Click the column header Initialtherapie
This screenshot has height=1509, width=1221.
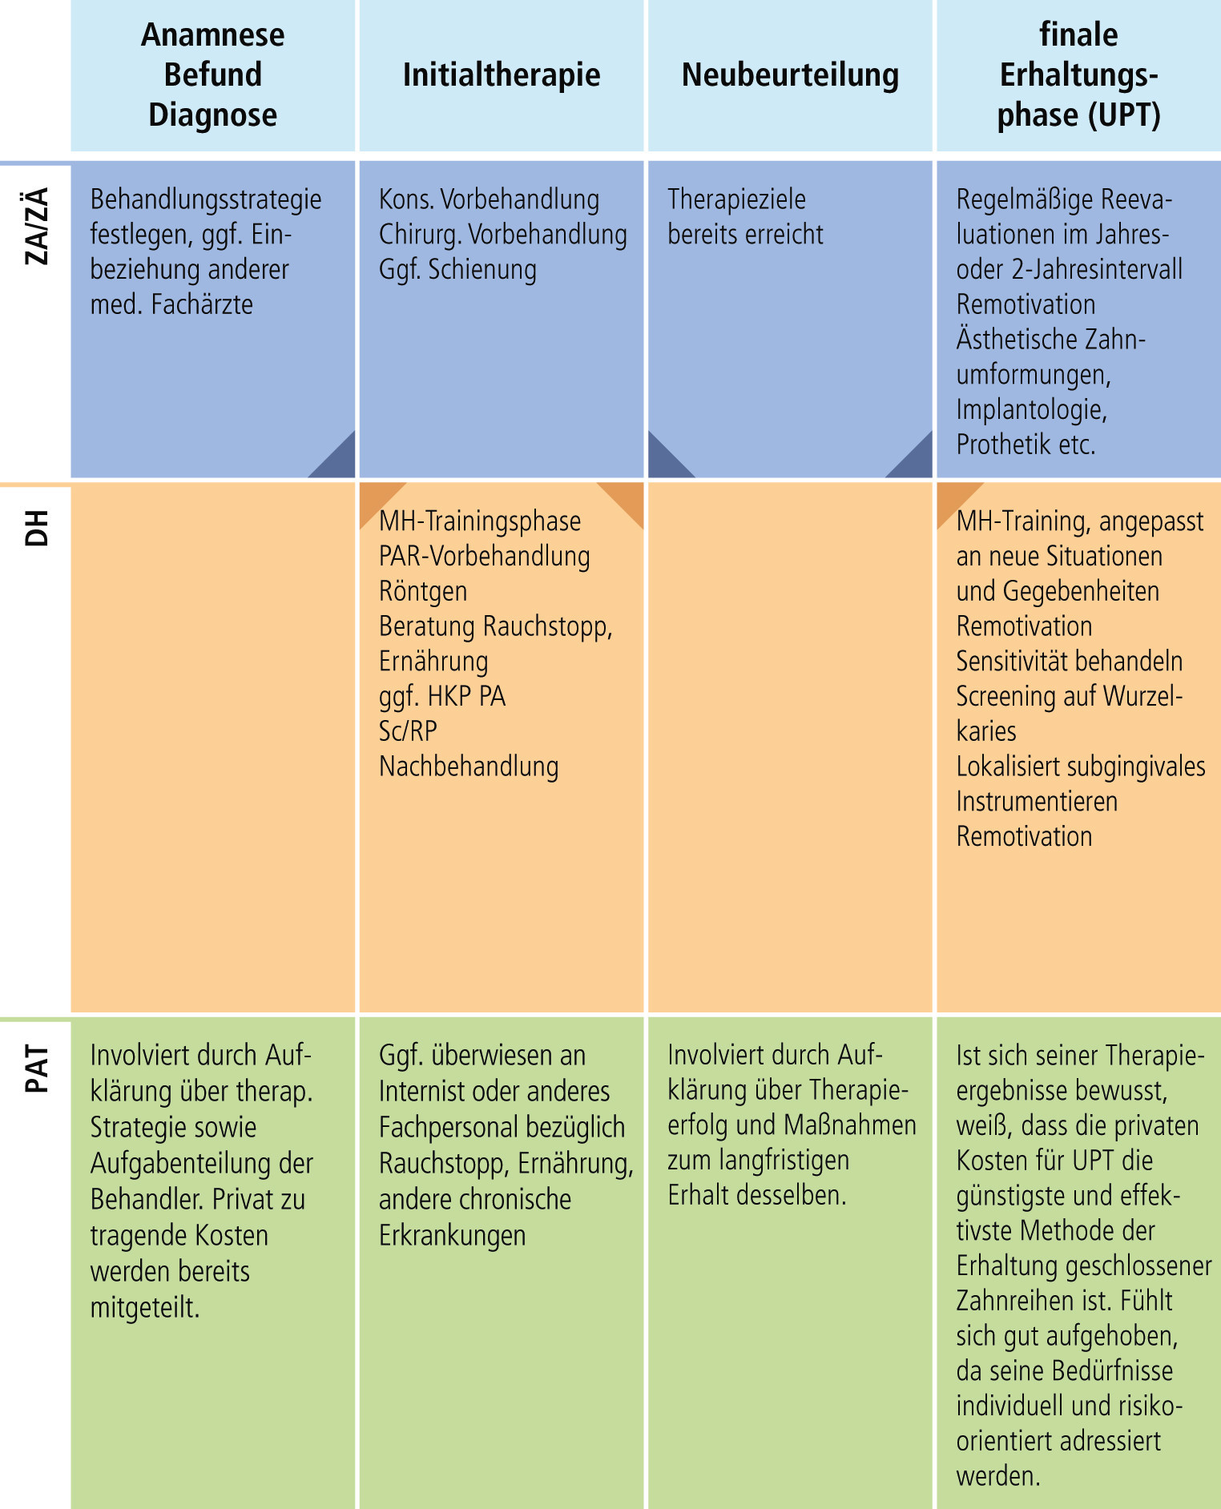click(502, 75)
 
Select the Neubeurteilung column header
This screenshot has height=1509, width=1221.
click(790, 75)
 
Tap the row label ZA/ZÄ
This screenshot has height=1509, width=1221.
click(37, 226)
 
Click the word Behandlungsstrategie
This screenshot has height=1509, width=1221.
click(206, 199)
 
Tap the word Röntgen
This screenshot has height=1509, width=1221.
click(423, 592)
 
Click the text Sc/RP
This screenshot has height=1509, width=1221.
click(408, 731)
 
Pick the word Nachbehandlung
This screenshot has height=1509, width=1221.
click(469, 767)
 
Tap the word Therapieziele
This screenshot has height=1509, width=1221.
click(736, 199)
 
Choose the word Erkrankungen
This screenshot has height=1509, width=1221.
click(453, 1236)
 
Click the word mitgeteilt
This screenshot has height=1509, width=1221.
click(145, 1308)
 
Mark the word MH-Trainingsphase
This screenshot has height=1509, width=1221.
click(480, 521)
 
